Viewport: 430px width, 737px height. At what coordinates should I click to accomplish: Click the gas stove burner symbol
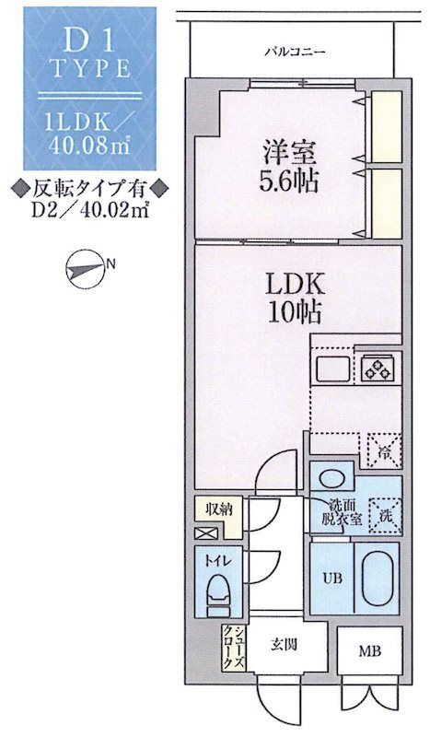(377, 368)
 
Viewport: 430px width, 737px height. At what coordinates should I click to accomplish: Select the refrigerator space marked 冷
(384, 449)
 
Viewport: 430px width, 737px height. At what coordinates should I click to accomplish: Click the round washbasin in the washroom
(330, 479)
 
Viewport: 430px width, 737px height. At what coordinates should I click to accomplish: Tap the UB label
(330, 579)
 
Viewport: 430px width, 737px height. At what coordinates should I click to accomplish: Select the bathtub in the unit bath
(376, 579)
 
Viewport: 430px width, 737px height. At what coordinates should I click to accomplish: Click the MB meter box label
(367, 653)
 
